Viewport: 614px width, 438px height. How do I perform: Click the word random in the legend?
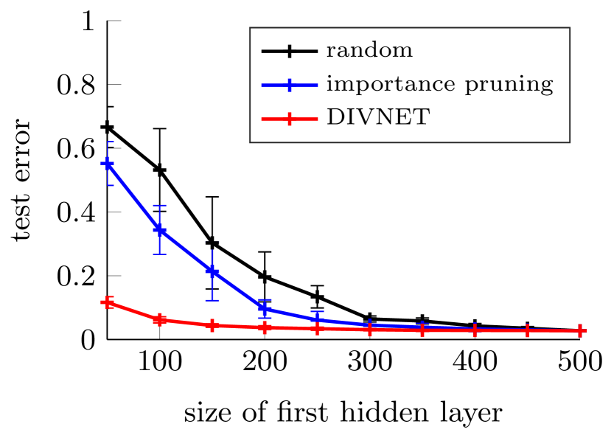(x=369, y=51)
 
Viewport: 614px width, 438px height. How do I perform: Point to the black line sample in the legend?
(x=290, y=51)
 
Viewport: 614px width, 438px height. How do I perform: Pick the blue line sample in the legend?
(x=290, y=85)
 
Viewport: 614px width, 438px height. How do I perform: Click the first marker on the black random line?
(x=108, y=128)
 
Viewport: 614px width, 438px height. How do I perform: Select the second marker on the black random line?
(x=160, y=170)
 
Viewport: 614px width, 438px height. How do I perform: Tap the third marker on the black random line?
(x=212, y=243)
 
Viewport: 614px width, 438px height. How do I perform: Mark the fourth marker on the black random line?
(x=265, y=277)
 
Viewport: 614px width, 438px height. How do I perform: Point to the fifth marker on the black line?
(x=317, y=297)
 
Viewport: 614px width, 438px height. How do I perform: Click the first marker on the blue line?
(x=108, y=164)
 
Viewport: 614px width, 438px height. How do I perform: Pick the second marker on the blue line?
(x=160, y=230)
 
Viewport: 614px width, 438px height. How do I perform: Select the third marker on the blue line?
(x=212, y=271)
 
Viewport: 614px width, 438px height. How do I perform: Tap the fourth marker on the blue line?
(x=265, y=308)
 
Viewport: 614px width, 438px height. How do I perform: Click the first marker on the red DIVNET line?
(x=108, y=302)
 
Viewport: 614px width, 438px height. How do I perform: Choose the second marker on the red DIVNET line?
(x=160, y=320)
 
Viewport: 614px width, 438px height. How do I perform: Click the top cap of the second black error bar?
(x=160, y=129)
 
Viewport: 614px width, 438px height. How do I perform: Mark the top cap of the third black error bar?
(x=212, y=197)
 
